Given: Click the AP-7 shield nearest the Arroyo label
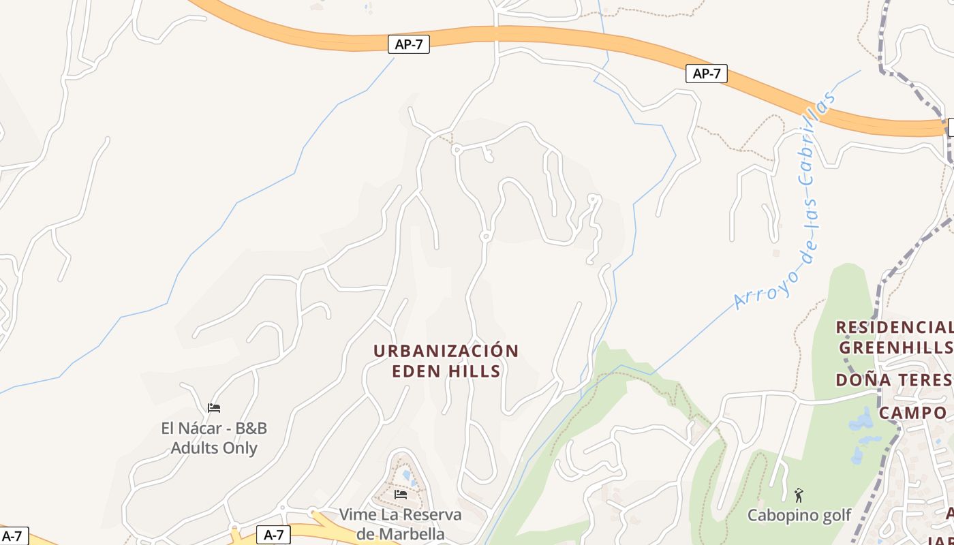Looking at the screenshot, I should pyautogui.click(x=706, y=74).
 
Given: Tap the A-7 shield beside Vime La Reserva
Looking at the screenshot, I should pyautogui.click(x=273, y=535).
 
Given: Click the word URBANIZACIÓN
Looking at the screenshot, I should pyautogui.click(x=446, y=351).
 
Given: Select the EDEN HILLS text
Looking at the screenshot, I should pyautogui.click(x=446, y=371).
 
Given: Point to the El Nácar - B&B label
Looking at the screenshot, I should pyautogui.click(x=214, y=429).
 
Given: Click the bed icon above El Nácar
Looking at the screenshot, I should pyautogui.click(x=214, y=408).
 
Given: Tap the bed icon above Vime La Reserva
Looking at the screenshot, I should pyautogui.click(x=401, y=494).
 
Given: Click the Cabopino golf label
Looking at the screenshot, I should pyautogui.click(x=799, y=515).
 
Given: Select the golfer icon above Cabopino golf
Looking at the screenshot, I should pyautogui.click(x=799, y=495).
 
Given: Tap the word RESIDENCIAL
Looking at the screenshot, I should pyautogui.click(x=893, y=327).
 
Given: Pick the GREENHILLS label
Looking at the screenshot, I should pyautogui.click(x=895, y=347).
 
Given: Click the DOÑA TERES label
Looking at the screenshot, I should pyautogui.click(x=893, y=379).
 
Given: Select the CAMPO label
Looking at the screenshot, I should pyautogui.click(x=912, y=413).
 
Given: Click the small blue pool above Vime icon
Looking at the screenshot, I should pyautogui.click(x=407, y=474).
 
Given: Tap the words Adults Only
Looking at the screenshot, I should pyautogui.click(x=214, y=448).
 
